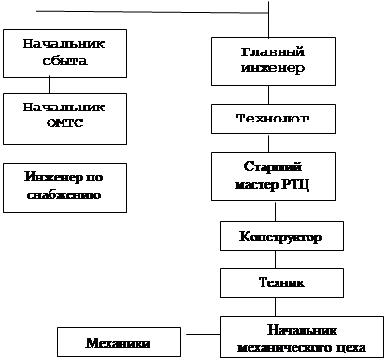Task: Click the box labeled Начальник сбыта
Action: [64, 53]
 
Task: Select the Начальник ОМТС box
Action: [64, 119]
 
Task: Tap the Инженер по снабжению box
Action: [64, 188]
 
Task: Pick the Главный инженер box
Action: [273, 62]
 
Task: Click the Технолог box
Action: [273, 119]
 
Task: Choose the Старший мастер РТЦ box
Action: [273, 177]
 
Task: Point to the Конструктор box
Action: [281, 236]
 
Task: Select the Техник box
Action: [281, 283]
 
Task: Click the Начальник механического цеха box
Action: [302, 337]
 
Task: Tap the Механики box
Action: [119, 342]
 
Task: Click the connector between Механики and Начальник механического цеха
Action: [203, 334]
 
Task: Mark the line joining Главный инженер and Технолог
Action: [268, 94]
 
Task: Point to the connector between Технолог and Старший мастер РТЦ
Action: [268, 143]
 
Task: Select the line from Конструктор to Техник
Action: [275, 259]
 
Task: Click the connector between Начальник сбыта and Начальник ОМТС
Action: [49, 85]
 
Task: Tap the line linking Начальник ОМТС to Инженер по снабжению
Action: [36, 153]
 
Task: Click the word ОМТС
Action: [65, 123]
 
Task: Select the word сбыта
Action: [64, 60]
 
